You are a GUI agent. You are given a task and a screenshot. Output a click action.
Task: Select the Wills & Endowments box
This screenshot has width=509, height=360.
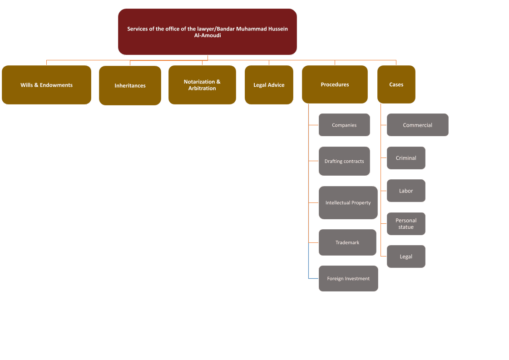[x=46, y=85]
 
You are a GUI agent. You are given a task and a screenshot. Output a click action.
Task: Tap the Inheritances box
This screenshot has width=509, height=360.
[x=130, y=85]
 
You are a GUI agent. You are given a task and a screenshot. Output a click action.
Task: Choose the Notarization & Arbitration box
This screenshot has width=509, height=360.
[x=202, y=85]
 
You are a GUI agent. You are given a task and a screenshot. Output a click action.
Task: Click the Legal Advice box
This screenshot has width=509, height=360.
[x=269, y=85]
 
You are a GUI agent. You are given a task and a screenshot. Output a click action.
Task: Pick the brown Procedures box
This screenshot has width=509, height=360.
[x=335, y=84]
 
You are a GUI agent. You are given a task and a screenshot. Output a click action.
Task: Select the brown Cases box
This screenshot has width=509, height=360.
[x=396, y=84]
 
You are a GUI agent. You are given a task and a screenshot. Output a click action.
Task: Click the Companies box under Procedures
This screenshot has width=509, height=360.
[x=344, y=125]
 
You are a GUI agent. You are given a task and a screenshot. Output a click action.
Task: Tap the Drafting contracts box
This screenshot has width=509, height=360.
[x=344, y=161]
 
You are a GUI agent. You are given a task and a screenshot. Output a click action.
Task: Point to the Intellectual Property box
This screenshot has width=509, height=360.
[x=348, y=202]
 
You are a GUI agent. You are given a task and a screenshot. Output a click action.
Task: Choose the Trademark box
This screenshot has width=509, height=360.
[x=347, y=242]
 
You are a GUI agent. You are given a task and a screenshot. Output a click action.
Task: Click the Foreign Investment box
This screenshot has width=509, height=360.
[x=348, y=278]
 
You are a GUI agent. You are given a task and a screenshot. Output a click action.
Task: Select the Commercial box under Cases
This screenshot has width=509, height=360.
[x=417, y=125]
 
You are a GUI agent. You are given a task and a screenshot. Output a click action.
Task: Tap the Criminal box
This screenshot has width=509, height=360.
[x=406, y=158]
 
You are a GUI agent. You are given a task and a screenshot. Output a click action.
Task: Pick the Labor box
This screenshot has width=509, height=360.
[x=406, y=191]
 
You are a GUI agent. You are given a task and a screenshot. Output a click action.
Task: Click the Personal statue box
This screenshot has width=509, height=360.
[x=406, y=224]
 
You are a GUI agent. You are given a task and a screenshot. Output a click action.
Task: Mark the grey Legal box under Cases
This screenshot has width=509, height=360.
[x=406, y=256]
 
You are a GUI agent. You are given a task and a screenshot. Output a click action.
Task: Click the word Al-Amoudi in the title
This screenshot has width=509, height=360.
[x=208, y=35]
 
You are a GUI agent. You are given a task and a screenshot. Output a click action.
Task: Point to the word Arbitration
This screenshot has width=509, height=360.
[x=202, y=89]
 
